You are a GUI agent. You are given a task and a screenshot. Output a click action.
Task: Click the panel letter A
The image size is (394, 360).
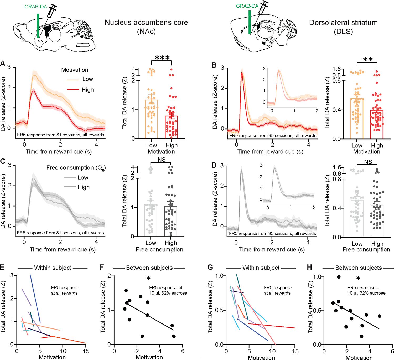(x=3, y=64)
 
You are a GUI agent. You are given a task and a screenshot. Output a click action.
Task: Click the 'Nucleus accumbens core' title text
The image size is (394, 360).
(x=146, y=23)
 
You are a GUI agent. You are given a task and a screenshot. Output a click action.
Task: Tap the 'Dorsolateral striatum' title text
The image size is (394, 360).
(x=343, y=23)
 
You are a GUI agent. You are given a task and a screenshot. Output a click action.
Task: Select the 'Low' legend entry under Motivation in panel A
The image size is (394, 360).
(x=87, y=79)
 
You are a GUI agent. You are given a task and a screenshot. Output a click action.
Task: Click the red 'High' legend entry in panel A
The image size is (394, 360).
(x=87, y=90)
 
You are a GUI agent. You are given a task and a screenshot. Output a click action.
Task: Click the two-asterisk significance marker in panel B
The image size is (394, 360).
(x=368, y=60)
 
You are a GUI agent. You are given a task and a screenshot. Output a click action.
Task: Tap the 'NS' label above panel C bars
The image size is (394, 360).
(x=162, y=160)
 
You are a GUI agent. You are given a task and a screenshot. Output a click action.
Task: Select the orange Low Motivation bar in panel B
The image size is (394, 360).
(x=357, y=118)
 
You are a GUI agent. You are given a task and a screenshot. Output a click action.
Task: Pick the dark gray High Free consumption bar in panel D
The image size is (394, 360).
(x=377, y=221)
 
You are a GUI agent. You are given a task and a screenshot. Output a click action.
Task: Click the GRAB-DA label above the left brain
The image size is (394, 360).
(x=35, y=7)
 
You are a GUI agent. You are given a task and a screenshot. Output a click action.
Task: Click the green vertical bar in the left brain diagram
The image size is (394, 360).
(x=38, y=25)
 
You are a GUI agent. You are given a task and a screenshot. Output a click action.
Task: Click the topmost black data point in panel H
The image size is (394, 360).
(x=339, y=277)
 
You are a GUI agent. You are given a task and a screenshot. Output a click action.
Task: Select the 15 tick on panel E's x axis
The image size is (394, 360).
(x=86, y=351)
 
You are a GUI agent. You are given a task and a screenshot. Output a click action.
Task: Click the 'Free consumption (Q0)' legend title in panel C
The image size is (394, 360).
(x=76, y=168)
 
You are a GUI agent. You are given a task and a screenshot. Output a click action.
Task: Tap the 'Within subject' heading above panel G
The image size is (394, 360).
(x=261, y=268)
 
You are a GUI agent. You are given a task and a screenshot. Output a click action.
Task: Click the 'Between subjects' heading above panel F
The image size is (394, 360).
(x=149, y=268)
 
